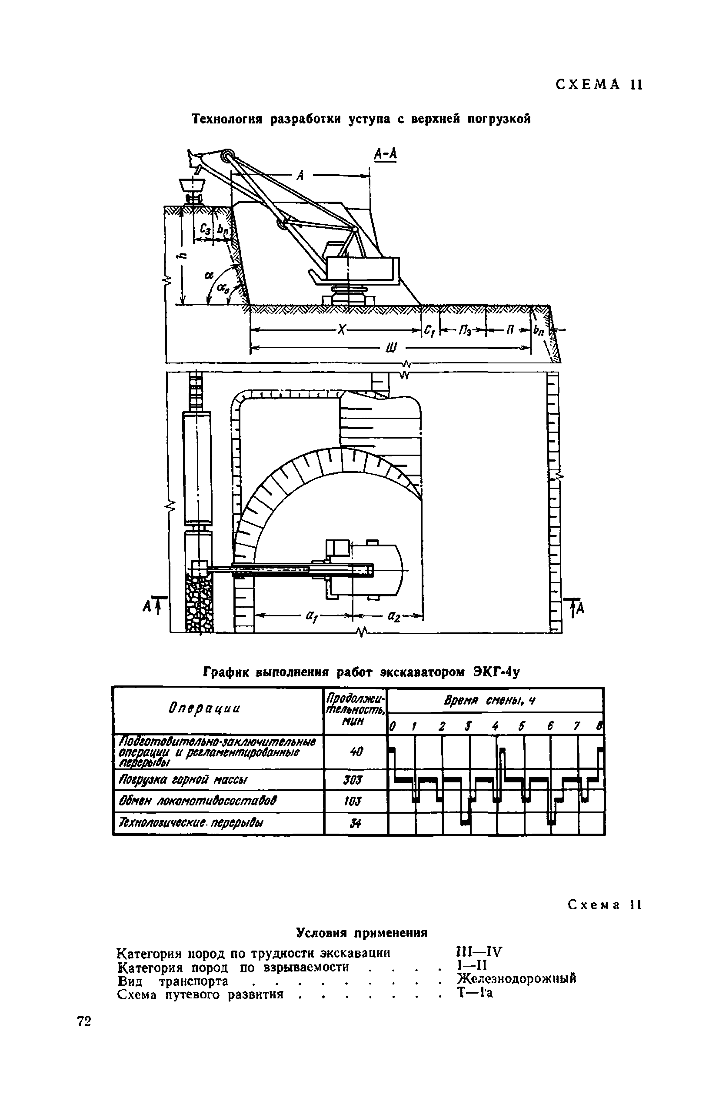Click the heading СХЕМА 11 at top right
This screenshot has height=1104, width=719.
599,85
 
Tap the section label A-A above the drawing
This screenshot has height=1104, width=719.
386,155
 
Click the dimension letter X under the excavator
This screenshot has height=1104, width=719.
341,330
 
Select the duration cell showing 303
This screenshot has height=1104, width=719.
354,781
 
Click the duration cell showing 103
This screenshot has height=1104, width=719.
354,801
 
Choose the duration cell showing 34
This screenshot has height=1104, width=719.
354,823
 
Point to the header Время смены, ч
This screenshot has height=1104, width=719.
490,701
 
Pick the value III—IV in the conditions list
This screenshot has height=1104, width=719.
479,953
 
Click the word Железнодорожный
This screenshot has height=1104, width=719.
516,979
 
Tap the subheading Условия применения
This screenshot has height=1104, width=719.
361,932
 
